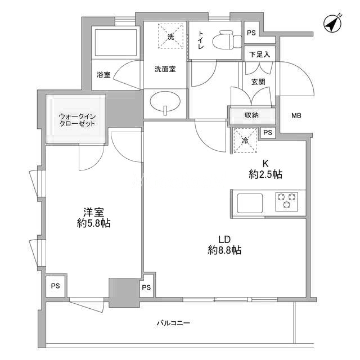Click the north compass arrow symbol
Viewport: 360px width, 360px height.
pyautogui.click(x=333, y=24)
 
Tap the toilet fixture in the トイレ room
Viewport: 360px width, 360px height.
pyautogui.click(x=227, y=40)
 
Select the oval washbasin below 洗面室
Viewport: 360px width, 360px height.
pyautogui.click(x=165, y=102)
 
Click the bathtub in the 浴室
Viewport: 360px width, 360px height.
pyautogui.click(x=115, y=43)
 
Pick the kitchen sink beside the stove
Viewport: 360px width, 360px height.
pyautogui.click(x=250, y=203)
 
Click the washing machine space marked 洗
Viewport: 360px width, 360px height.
pyautogui.click(x=170, y=36)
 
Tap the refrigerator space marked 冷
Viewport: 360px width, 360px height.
pyautogui.click(x=245, y=141)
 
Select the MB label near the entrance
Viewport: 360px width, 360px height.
pyautogui.click(x=296, y=115)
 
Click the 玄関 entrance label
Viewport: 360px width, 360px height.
pyautogui.click(x=258, y=82)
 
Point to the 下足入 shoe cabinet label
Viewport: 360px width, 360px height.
pyautogui.click(x=259, y=55)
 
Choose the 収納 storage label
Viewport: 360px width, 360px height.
pyautogui.click(x=251, y=115)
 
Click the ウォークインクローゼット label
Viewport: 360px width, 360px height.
pyautogui.click(x=77, y=120)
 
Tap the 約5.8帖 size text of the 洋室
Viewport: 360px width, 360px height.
pyautogui.click(x=94, y=223)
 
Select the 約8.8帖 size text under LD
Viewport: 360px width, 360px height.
pyautogui.click(x=224, y=250)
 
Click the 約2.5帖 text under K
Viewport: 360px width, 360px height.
pyautogui.click(x=265, y=175)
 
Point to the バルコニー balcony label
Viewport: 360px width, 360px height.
pyautogui.click(x=174, y=323)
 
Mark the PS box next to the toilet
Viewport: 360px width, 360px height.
pyautogui.click(x=251, y=33)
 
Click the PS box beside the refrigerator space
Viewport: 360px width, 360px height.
pyautogui.click(x=268, y=133)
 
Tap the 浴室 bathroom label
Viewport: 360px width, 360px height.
pyautogui.click(x=103, y=75)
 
